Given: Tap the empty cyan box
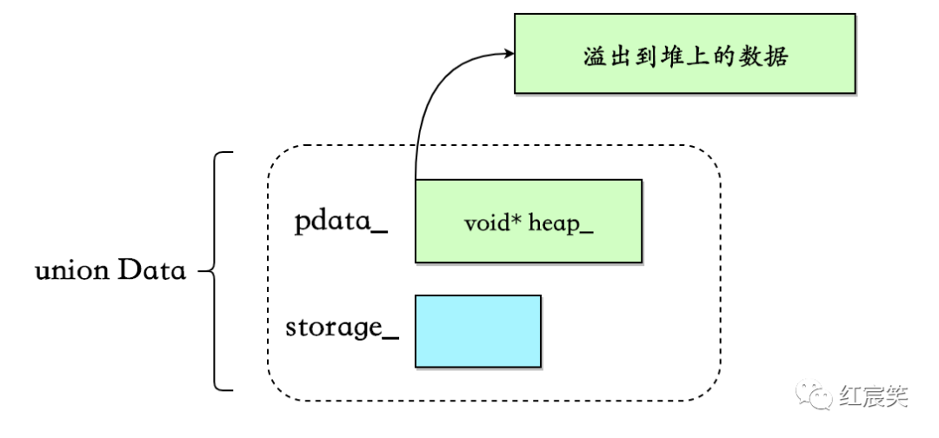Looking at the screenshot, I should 477,330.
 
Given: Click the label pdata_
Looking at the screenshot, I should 340,222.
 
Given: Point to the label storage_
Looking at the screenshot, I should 342,328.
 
